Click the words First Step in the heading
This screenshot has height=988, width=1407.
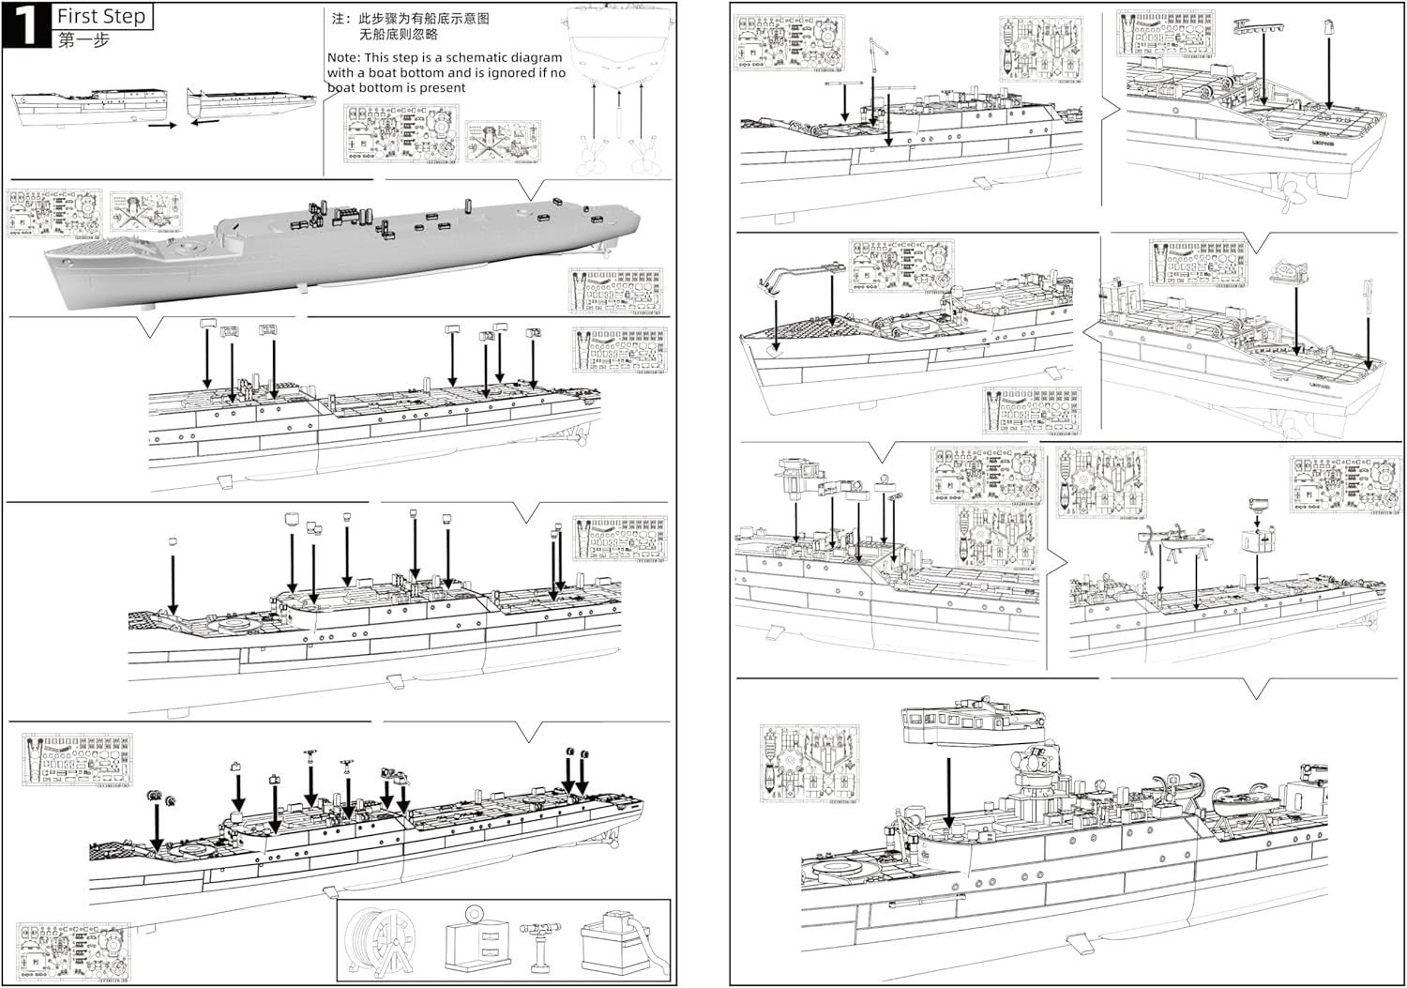pyautogui.click(x=101, y=16)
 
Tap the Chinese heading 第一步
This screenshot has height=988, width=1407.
pyautogui.click(x=83, y=40)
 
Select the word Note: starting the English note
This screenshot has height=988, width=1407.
pyautogui.click(x=346, y=57)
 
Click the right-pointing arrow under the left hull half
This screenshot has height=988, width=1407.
pyautogui.click(x=161, y=125)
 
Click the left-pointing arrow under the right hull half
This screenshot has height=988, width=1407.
pyautogui.click(x=204, y=121)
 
